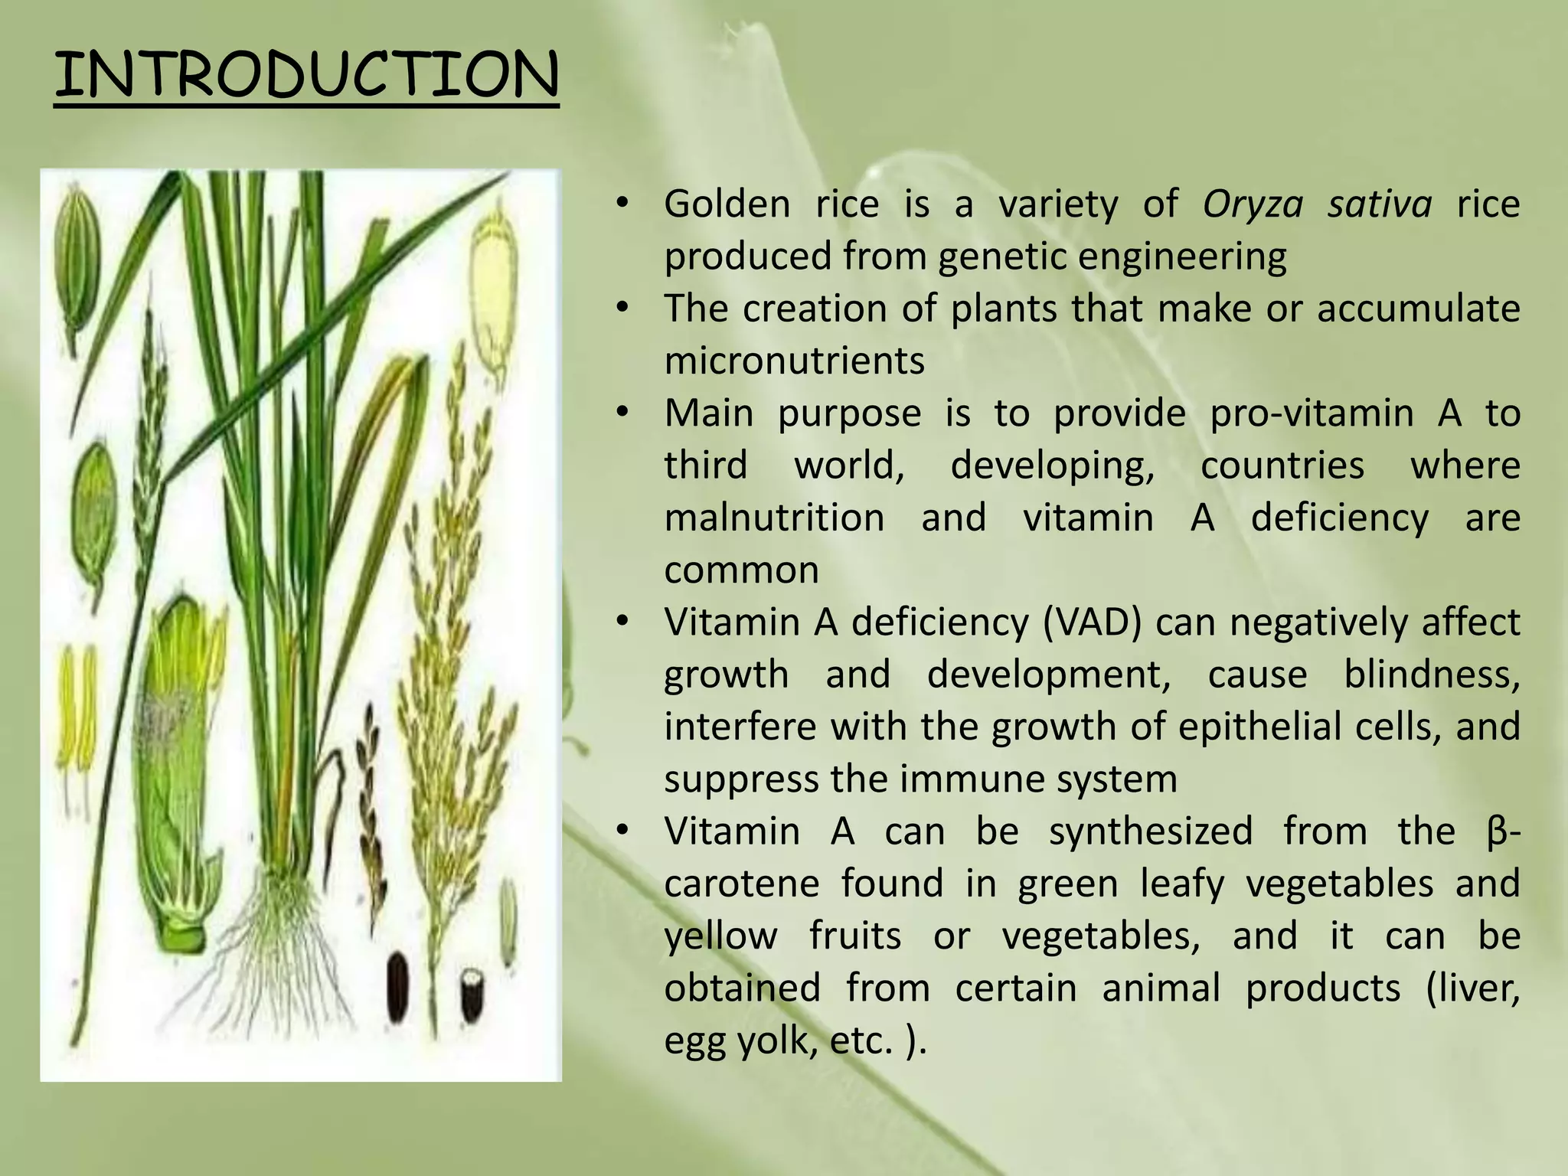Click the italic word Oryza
pyautogui.click(x=1252, y=204)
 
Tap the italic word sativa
pyautogui.click(x=1379, y=204)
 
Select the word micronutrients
pyautogui.click(x=794, y=361)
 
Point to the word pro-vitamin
pyautogui.click(x=1312, y=413)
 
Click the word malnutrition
pyautogui.click(x=774, y=518)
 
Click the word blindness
pyautogui.click(x=1431, y=675)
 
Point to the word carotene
pyautogui.click(x=741, y=884)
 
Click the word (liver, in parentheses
pyautogui.click(x=1472, y=988)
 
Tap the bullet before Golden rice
pyautogui.click(x=622, y=204)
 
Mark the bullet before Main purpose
pyautogui.click(x=622, y=413)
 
